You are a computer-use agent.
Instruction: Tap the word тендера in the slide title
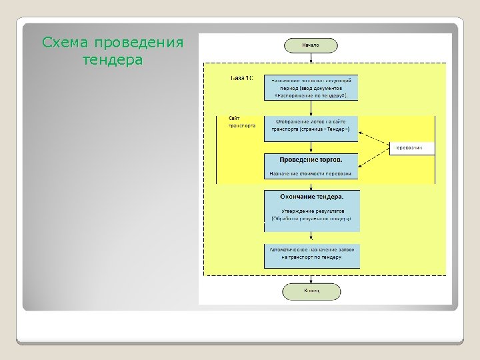[112, 61]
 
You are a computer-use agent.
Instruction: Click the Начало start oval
[311, 45]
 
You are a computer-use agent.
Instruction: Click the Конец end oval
[311, 291]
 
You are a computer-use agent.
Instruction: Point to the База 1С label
[241, 79]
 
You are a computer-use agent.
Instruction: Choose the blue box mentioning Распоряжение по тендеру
[311, 87]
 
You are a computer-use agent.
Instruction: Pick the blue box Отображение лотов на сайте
[311, 129]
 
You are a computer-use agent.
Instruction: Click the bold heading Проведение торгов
[311, 160]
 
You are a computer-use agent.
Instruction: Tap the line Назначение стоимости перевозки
[311, 173]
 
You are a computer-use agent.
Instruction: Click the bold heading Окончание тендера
[311, 197]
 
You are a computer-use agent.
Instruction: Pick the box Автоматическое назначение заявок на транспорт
[311, 256]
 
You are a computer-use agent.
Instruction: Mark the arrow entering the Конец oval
[311, 276]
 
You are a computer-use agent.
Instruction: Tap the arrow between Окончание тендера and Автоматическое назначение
[311, 237]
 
